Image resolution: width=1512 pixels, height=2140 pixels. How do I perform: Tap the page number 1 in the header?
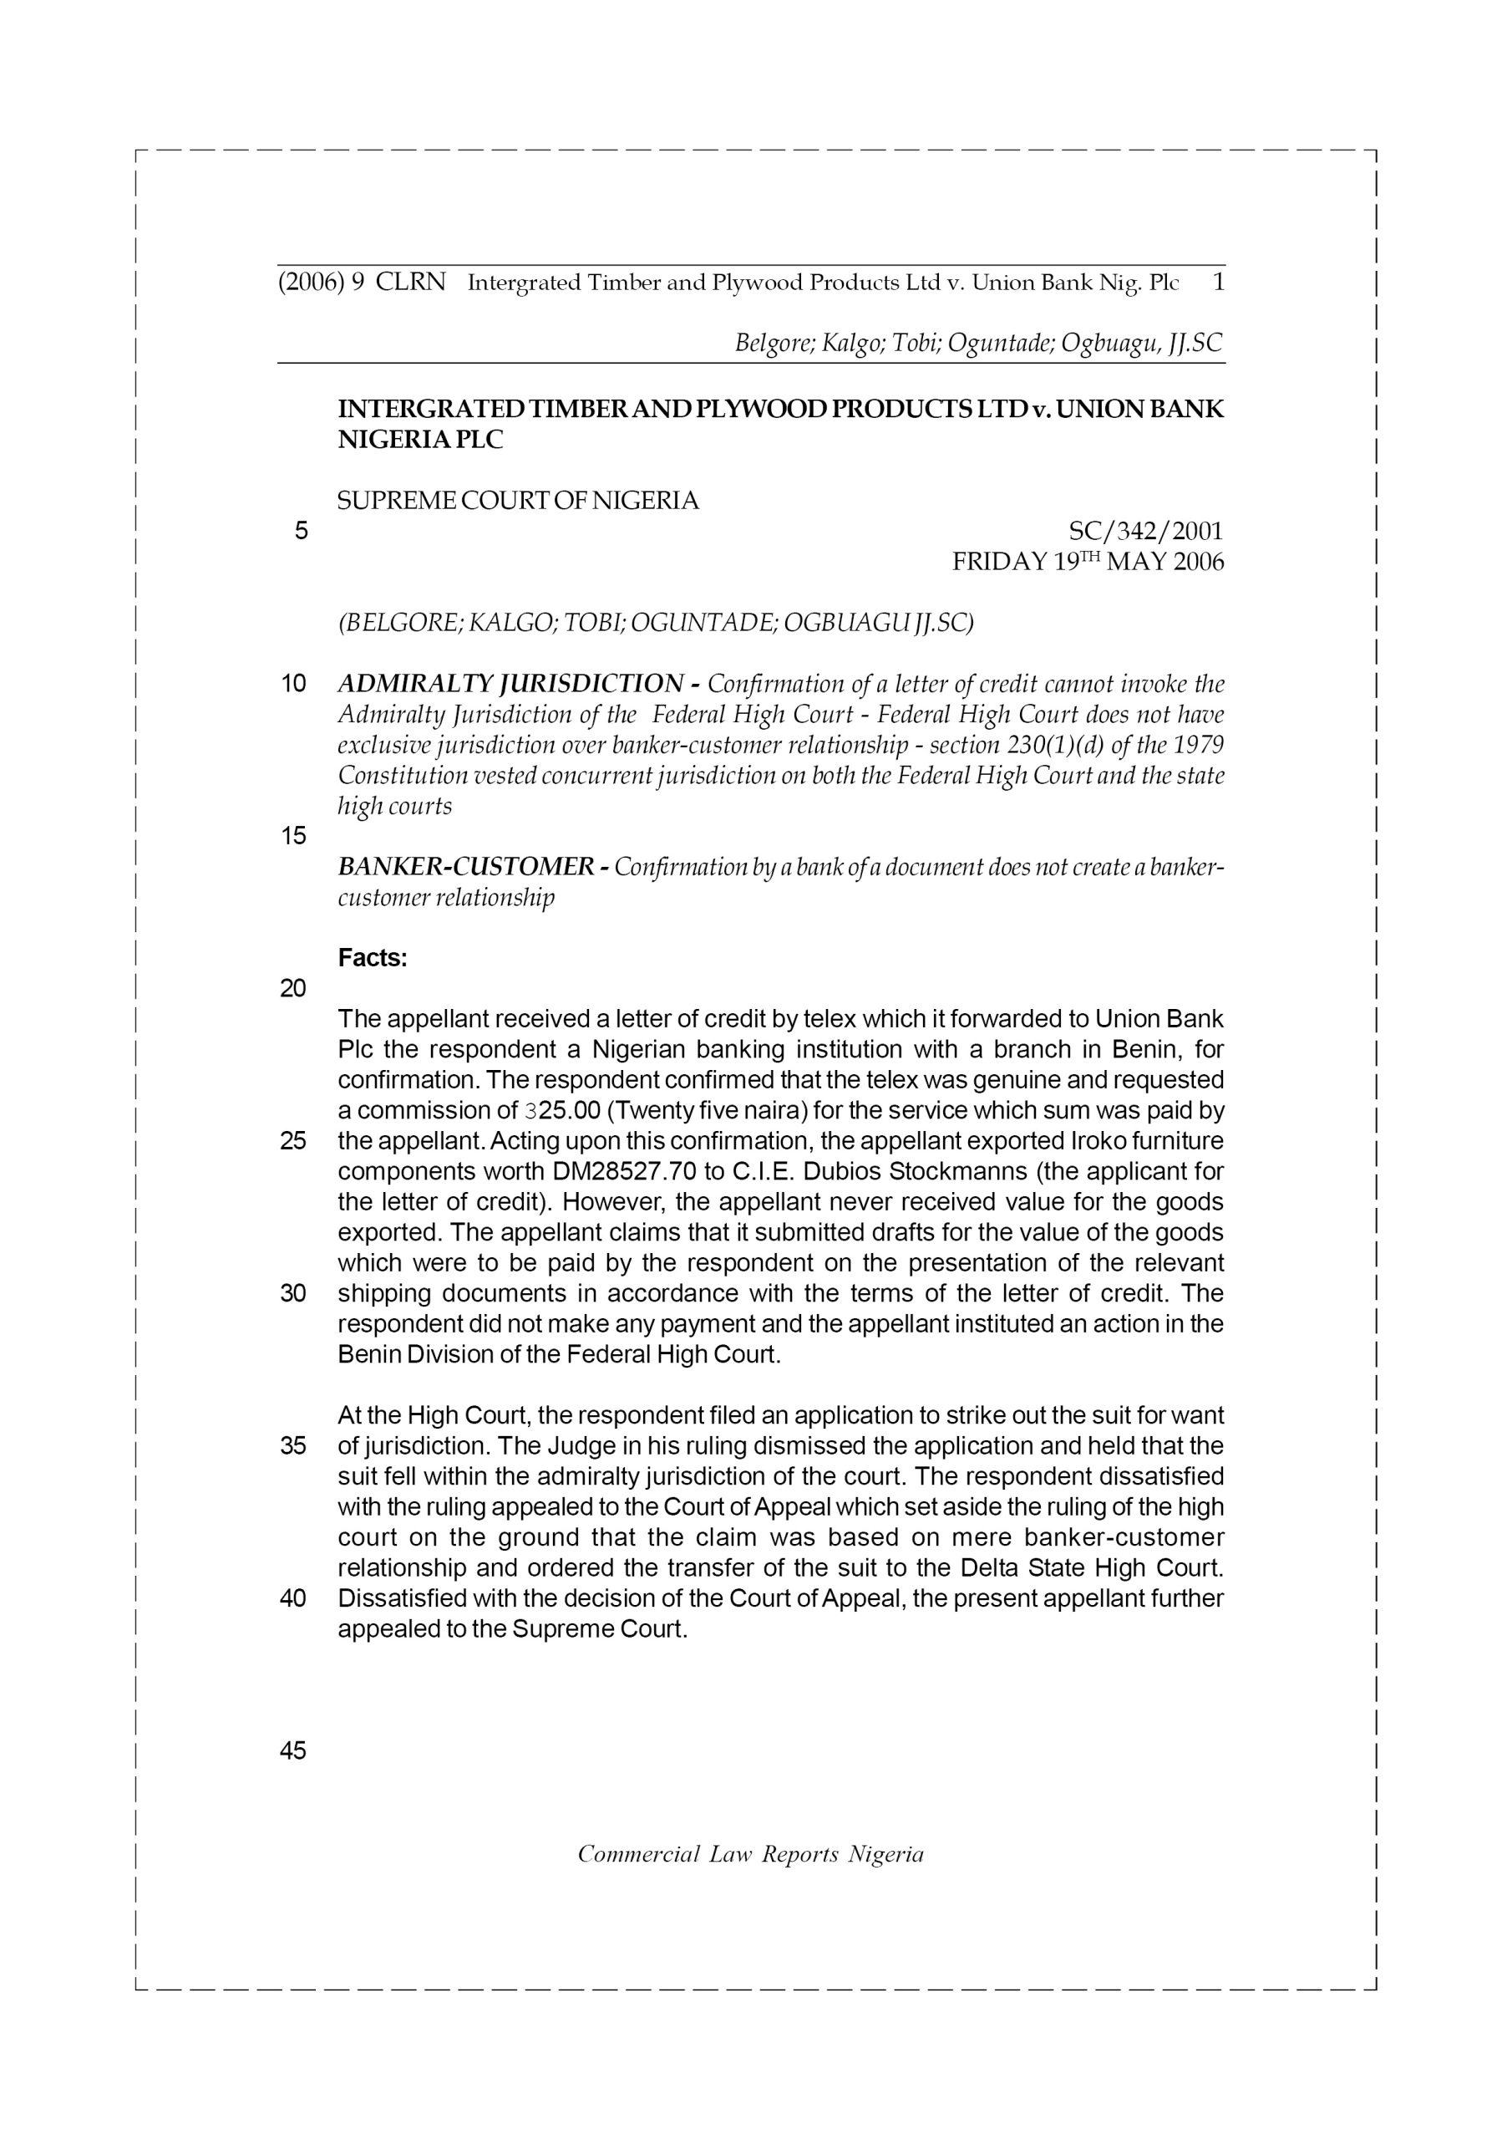click(1218, 282)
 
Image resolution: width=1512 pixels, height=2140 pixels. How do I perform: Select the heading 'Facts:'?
click(373, 958)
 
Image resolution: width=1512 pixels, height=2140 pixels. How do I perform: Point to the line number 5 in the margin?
click(300, 532)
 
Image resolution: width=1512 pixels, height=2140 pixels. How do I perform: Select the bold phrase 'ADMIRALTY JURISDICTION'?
click(510, 684)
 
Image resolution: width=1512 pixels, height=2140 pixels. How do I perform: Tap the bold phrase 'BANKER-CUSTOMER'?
click(464, 867)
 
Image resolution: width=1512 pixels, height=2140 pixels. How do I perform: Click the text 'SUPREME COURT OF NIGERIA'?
click(518, 502)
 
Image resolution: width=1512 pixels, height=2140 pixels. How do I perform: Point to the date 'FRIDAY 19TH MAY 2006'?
click(1087, 562)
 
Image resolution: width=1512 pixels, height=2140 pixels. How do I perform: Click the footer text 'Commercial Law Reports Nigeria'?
click(751, 1854)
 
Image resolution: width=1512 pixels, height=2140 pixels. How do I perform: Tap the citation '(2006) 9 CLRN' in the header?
click(362, 282)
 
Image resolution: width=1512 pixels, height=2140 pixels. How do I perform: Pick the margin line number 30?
click(292, 1294)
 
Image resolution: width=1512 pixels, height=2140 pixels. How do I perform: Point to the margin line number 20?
click(292, 989)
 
